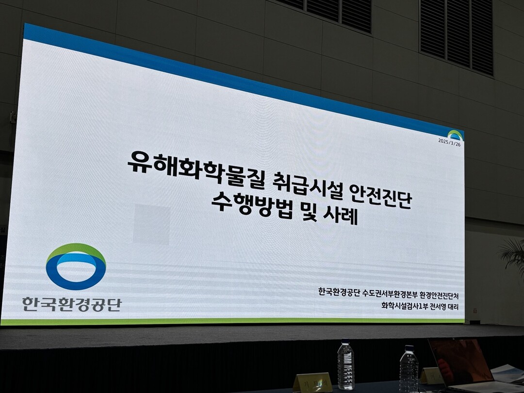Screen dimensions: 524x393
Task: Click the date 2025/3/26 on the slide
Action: [x=449, y=142]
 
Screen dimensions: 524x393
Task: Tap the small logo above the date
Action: [x=456, y=134]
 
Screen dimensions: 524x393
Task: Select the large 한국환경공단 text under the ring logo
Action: [x=72, y=304]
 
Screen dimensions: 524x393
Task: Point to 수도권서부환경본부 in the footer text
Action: [x=389, y=295]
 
